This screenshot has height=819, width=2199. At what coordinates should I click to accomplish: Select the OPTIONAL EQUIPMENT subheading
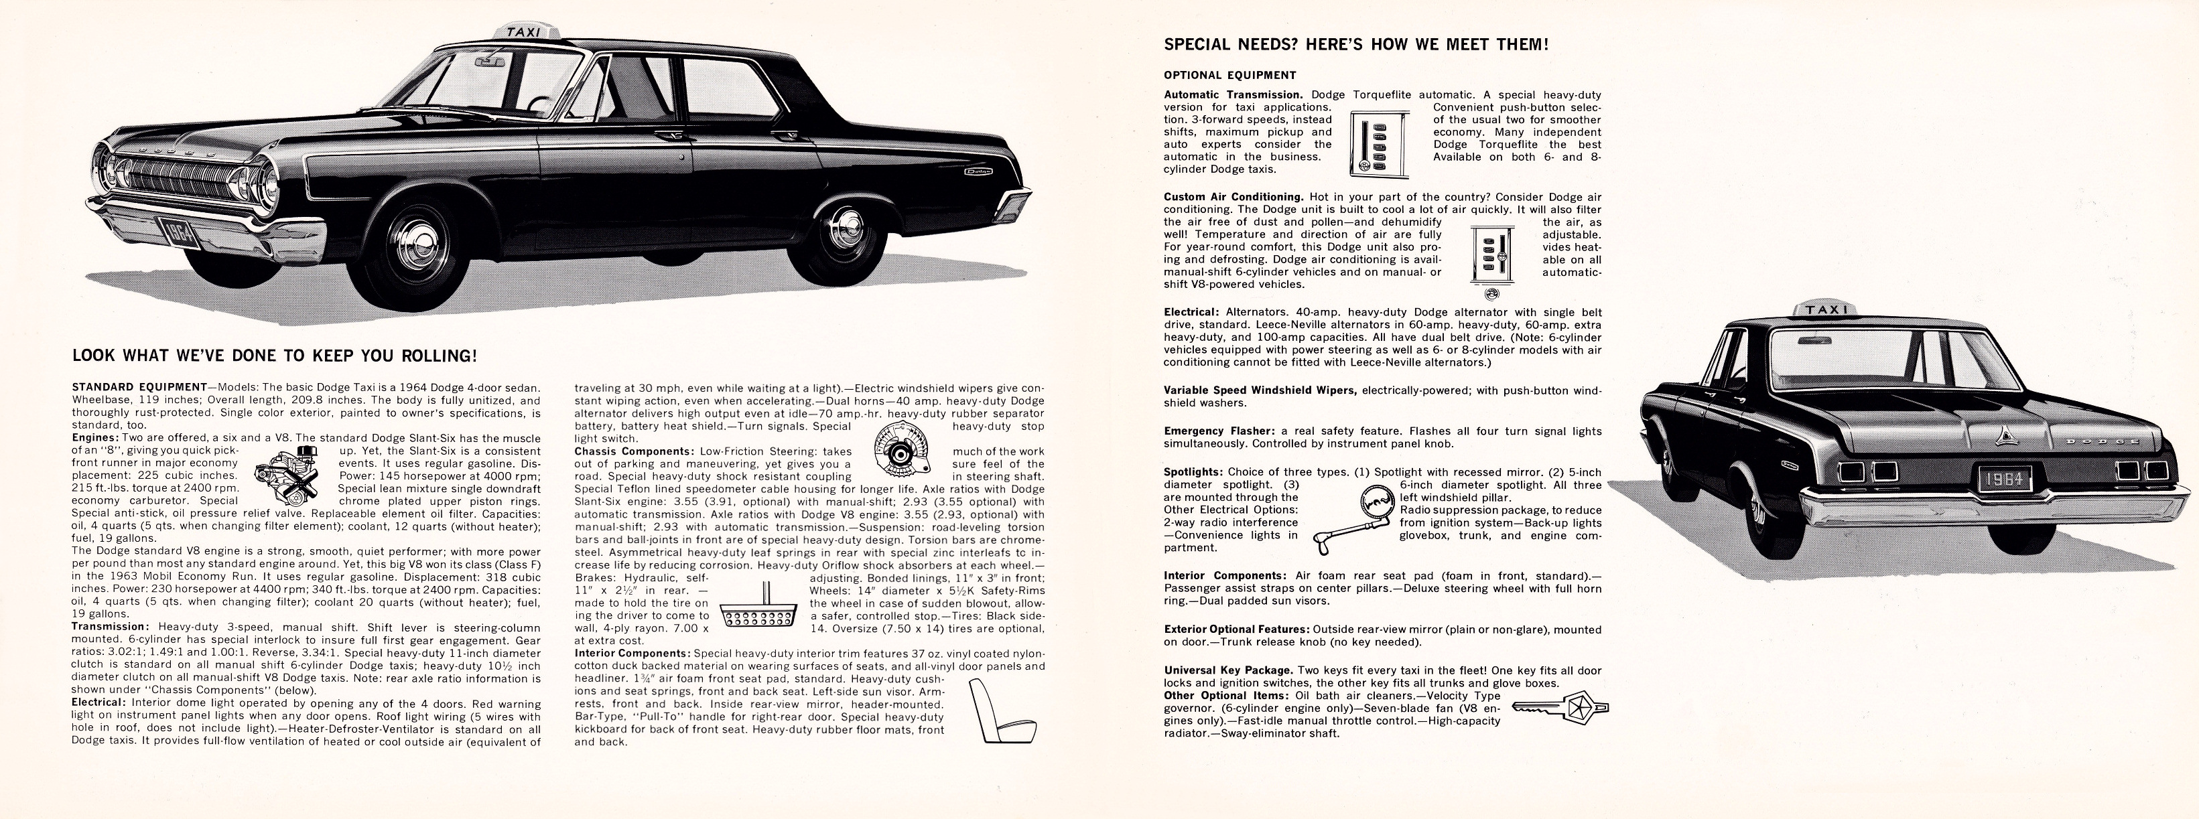coord(1229,75)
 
